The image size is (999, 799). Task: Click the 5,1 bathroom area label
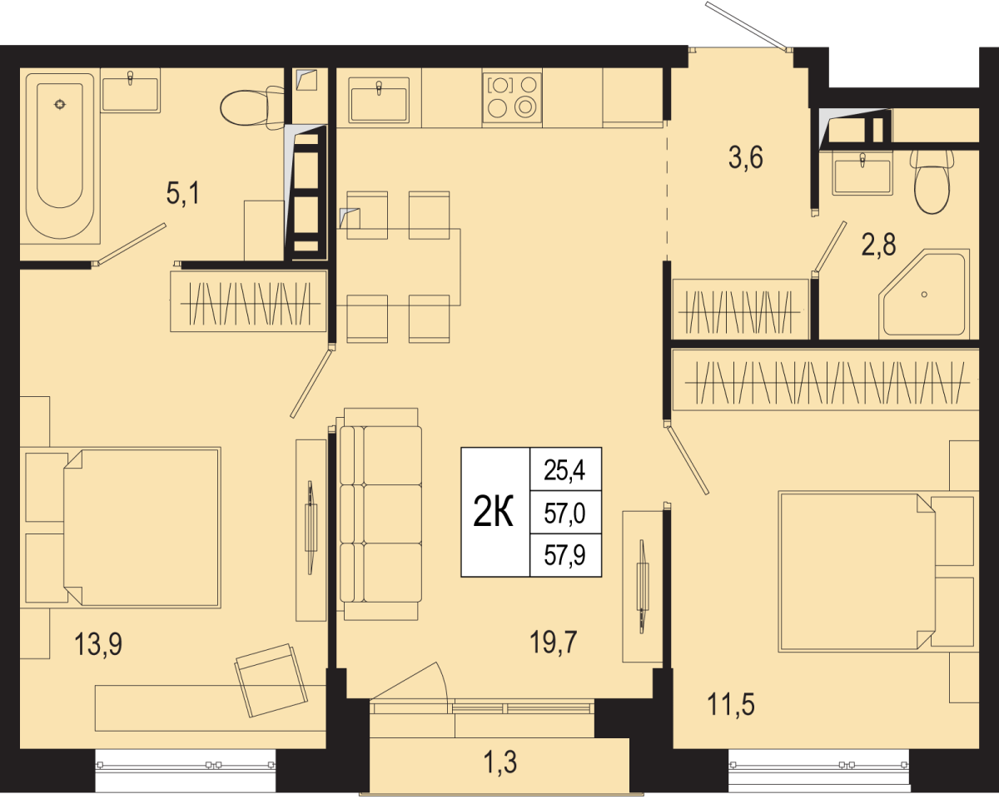[x=183, y=194]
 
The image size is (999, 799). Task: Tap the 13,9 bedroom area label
[x=98, y=645]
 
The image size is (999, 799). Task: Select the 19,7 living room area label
[x=554, y=643]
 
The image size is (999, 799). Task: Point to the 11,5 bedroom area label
[x=731, y=704]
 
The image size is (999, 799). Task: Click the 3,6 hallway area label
[x=746, y=158]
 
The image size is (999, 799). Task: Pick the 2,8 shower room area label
[x=878, y=245]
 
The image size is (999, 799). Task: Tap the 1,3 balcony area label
[x=500, y=762]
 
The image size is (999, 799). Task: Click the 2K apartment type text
[x=493, y=512]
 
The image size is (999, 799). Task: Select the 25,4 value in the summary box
[x=564, y=471]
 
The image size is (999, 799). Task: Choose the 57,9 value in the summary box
[x=564, y=555]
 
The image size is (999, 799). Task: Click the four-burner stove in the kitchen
[x=512, y=98]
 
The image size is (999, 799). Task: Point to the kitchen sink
[x=379, y=100]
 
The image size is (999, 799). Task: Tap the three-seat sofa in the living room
[x=380, y=514]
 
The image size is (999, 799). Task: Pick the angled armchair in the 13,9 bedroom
[x=271, y=680]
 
